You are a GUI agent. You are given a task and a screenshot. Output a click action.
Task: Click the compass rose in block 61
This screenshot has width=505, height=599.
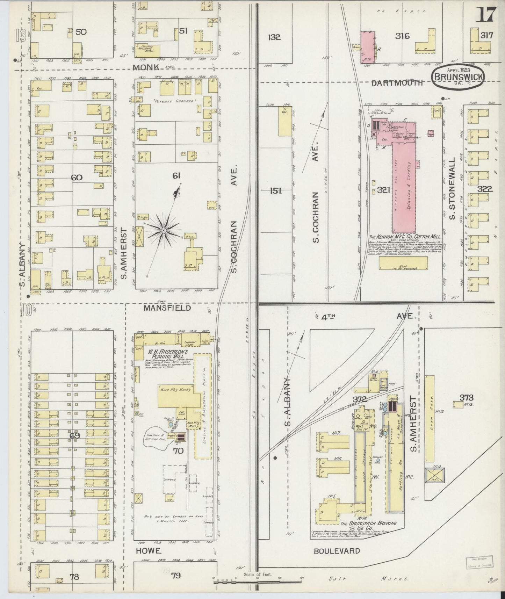(x=163, y=231)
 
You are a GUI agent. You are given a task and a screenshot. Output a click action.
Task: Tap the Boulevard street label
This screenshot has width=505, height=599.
(x=337, y=551)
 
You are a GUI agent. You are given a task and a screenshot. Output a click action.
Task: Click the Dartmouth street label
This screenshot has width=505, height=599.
(x=397, y=83)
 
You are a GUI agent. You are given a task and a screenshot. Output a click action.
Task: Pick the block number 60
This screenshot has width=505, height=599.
(x=77, y=177)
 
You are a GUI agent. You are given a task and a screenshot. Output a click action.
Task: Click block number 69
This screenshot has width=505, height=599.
(x=75, y=435)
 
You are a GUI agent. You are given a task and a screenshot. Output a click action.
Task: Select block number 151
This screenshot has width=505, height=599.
(x=275, y=191)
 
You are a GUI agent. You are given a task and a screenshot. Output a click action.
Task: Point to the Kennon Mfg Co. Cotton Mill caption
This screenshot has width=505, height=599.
(x=397, y=237)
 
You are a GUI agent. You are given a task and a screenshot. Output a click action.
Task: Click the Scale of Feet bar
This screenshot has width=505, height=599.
(x=257, y=579)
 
